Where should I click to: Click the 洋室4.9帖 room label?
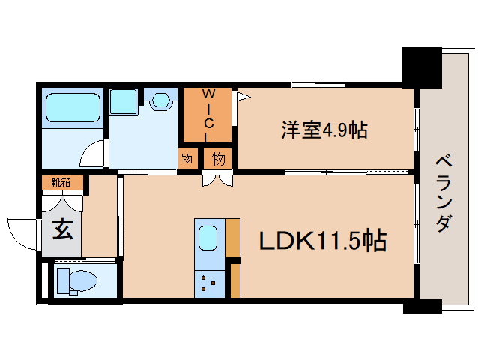point(324,130)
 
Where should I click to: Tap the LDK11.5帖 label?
point(323,240)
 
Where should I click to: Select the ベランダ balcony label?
point(444,193)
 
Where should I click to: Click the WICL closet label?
point(208,115)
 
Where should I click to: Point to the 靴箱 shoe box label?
point(61,182)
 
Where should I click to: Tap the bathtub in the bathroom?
point(73,107)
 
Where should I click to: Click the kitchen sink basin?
point(208,238)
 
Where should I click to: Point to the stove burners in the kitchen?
point(208,283)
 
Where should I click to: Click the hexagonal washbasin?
point(160,100)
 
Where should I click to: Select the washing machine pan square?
point(123,101)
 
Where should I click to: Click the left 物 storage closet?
point(187,159)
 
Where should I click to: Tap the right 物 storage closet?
point(218,159)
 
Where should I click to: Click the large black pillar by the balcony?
point(422,67)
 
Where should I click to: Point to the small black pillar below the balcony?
point(423,306)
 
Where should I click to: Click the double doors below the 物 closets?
point(217,180)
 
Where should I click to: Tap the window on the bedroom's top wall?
point(318,85)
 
